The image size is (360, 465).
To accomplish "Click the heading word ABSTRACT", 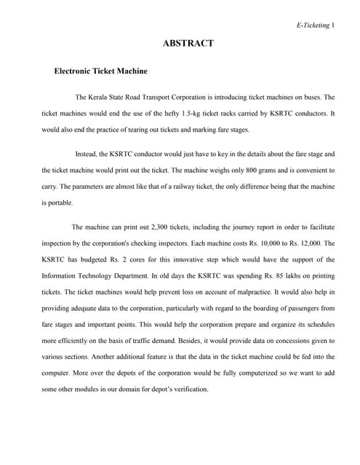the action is [188, 44].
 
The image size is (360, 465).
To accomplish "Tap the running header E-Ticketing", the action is [313, 25].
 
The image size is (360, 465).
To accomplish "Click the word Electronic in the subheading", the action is [76, 71].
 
